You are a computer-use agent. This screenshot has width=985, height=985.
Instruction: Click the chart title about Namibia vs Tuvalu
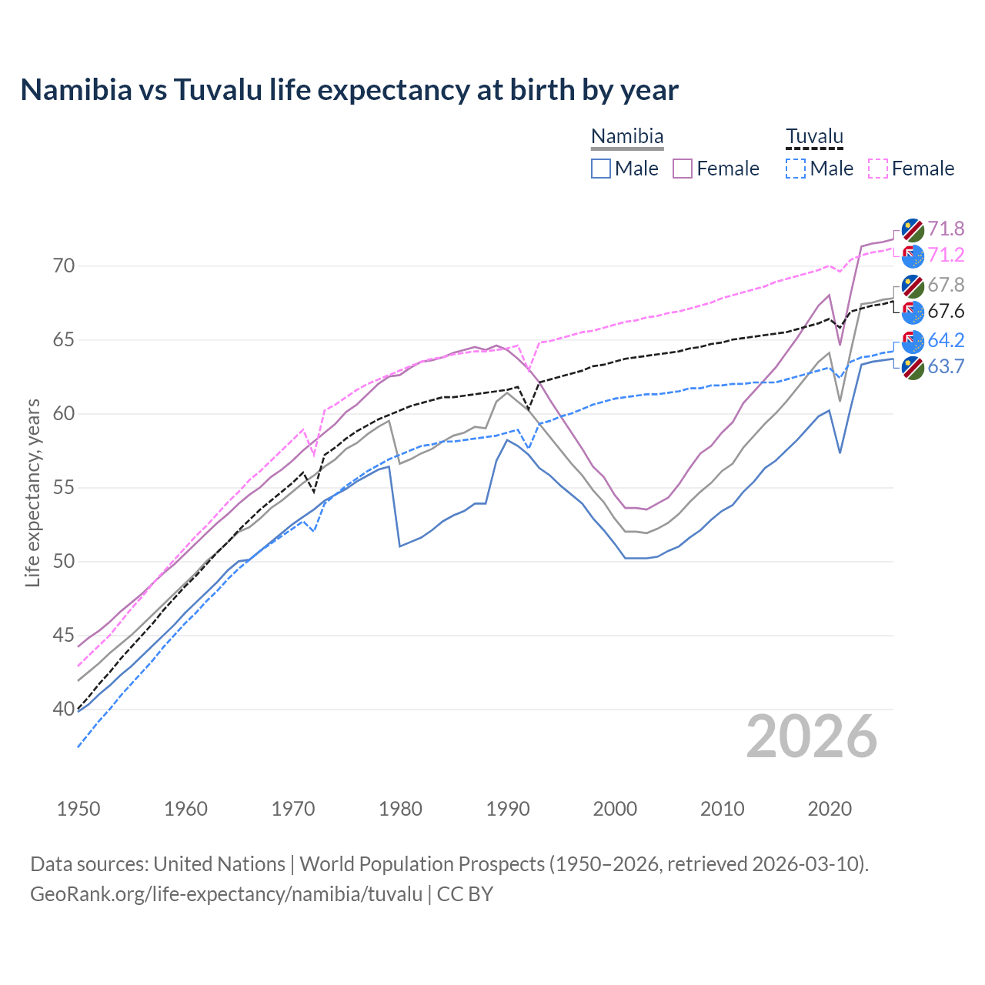click(349, 90)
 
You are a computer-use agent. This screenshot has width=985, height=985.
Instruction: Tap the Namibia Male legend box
click(601, 169)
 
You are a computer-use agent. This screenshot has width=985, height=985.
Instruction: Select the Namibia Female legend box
click(683, 169)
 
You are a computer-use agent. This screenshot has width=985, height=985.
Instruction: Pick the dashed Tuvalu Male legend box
click(796, 169)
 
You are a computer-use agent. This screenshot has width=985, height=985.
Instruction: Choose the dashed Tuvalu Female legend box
click(877, 169)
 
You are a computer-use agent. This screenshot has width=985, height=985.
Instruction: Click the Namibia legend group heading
click(627, 137)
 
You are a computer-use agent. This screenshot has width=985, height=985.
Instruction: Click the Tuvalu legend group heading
click(814, 137)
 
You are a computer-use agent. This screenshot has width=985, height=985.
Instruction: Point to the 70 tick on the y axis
click(64, 266)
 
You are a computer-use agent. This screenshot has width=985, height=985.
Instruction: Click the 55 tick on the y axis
click(64, 488)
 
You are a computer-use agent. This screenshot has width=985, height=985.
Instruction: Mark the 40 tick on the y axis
click(64, 710)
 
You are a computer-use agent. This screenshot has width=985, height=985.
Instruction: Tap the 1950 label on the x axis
click(78, 809)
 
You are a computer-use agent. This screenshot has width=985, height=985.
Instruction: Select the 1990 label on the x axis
click(508, 809)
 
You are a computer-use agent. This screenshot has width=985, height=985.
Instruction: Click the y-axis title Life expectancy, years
click(32, 492)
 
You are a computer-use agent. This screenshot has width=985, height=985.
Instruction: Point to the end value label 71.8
click(946, 229)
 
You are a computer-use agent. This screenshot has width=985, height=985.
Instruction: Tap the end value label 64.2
click(946, 340)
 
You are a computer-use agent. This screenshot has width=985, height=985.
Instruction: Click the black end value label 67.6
click(946, 311)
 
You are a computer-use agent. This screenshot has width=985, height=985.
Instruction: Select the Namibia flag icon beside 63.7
click(913, 368)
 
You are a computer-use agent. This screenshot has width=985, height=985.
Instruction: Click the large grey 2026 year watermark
click(812, 736)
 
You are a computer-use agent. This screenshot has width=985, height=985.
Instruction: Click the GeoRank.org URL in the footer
click(225, 893)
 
